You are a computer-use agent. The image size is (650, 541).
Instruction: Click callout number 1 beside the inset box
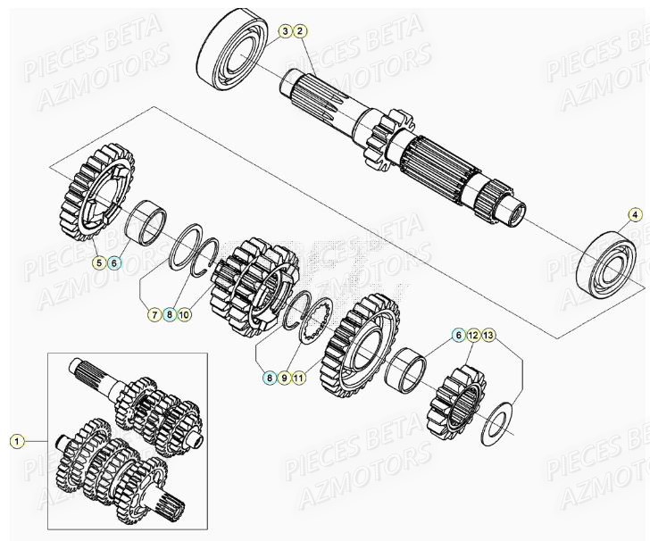pyautogui.click(x=16, y=440)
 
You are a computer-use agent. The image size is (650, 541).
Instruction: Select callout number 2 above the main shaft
pyautogui.click(x=301, y=32)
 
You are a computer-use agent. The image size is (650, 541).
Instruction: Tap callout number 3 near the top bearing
pyautogui.click(x=285, y=32)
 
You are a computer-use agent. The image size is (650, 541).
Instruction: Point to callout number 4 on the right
pyautogui.click(x=635, y=214)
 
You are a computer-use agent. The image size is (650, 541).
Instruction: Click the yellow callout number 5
pyautogui.click(x=99, y=262)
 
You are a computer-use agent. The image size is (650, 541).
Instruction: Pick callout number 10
pyautogui.click(x=184, y=314)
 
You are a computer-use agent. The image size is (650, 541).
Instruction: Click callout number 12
pyautogui.click(x=472, y=336)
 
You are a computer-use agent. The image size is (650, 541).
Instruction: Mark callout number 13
pyautogui.click(x=487, y=336)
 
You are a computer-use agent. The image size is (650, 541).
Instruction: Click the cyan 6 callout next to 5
pyautogui.click(x=114, y=262)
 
